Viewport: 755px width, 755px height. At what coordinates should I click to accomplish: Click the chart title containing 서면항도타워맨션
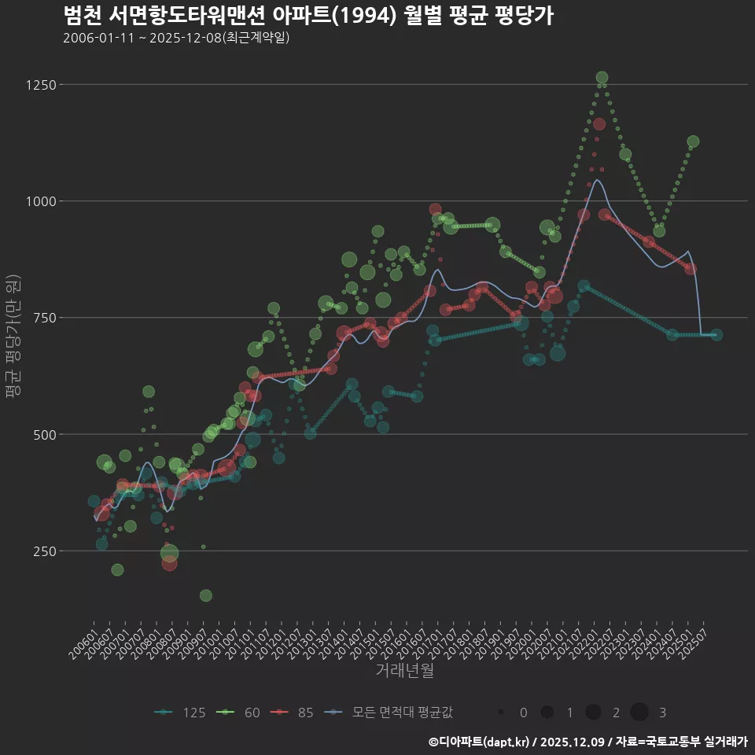pos(308,16)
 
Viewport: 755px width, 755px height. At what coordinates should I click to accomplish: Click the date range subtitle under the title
pos(176,38)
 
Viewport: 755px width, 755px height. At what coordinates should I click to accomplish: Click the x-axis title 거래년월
pos(404,671)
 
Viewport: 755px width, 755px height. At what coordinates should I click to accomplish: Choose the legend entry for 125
pos(180,713)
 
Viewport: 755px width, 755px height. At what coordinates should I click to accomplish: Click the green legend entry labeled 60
pos(241,713)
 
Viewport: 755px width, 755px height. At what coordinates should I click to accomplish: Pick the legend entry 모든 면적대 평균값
pos(390,713)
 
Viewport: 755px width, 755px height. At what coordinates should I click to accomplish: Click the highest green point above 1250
pos(602,78)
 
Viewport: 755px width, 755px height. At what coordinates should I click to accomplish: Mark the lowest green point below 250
pos(206,595)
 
